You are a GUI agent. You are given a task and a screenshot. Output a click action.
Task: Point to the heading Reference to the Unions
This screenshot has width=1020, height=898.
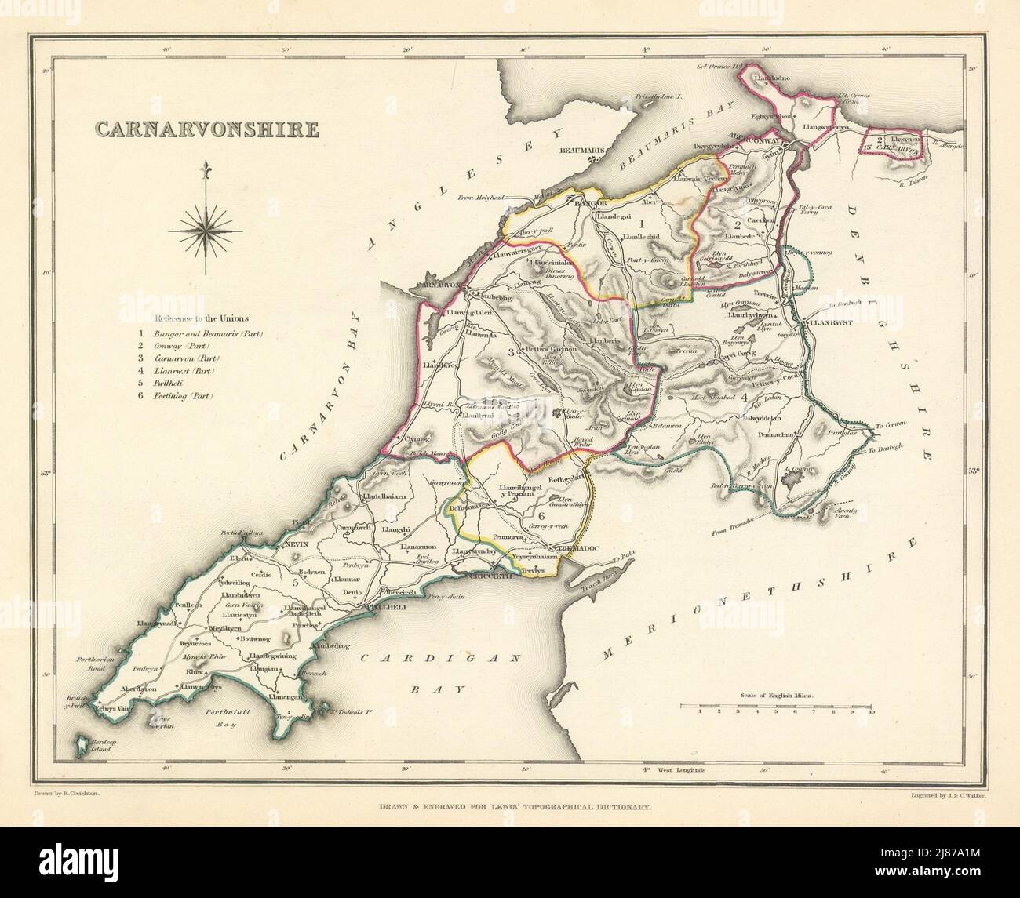tap(202, 318)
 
